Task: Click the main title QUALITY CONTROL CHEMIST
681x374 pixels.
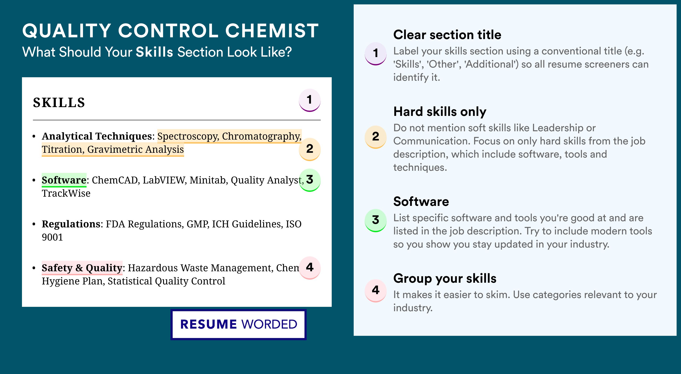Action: pos(170,31)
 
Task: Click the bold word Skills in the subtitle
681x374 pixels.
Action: pos(154,52)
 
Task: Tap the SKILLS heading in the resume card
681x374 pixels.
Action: pos(59,102)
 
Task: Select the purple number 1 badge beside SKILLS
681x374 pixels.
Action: pos(310,100)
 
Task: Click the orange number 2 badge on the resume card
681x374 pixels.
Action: pos(310,149)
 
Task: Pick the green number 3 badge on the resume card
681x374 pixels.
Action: pos(310,180)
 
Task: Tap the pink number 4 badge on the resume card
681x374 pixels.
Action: pos(310,268)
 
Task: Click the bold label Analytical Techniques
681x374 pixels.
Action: pos(97,136)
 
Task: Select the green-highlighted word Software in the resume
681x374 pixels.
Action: pos(64,180)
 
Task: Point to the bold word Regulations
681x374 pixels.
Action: pos(71,224)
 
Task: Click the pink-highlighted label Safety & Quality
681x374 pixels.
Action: pos(82,268)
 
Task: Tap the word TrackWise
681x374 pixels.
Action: pos(66,193)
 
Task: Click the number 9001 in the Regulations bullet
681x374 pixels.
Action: pos(52,237)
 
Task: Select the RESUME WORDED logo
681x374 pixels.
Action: pos(238,324)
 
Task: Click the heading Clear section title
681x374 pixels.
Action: pos(447,35)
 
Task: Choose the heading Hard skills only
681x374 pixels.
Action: pos(440,111)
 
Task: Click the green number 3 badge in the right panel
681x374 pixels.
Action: pos(376,220)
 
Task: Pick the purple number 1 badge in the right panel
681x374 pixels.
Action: pos(376,53)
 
